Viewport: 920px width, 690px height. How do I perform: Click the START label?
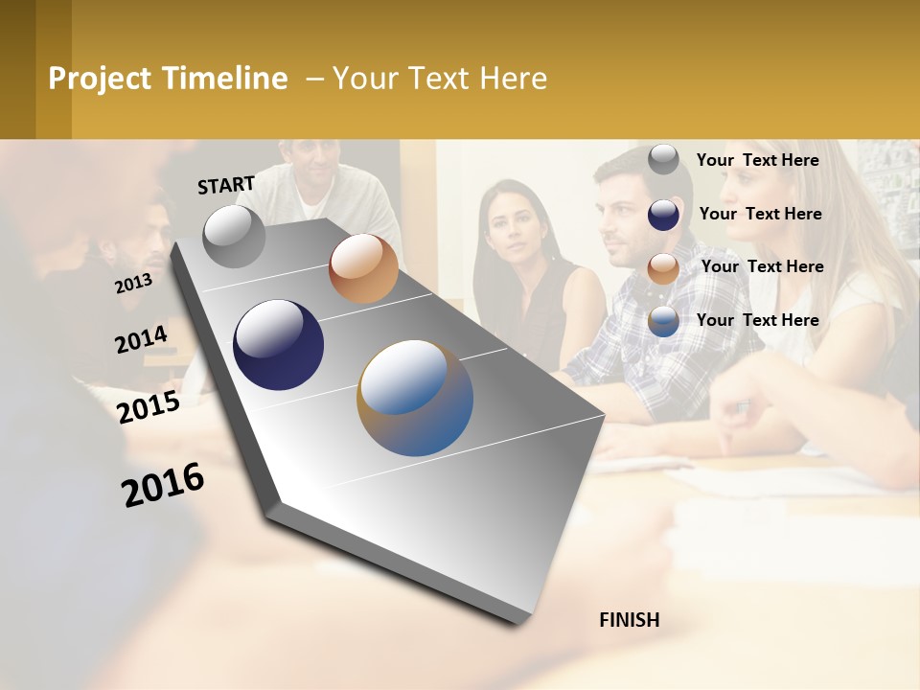226,185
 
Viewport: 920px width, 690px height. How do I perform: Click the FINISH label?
629,620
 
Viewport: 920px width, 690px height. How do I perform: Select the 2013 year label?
133,283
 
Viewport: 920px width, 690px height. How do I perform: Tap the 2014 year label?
141,339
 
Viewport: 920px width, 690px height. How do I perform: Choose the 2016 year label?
163,485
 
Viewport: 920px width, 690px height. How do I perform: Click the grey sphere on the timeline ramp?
234,236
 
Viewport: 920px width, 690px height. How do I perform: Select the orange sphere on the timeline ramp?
363,268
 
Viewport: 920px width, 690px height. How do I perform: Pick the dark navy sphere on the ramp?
278,345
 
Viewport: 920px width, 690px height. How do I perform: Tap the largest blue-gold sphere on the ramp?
415,398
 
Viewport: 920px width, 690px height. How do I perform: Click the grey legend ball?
663,160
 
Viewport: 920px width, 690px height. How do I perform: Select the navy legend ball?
663,215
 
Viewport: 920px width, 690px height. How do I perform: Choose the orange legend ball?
663,268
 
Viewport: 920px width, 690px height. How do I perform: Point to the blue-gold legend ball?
663,321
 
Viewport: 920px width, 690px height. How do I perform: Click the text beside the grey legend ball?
757,160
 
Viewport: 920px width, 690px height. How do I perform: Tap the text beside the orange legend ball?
762,266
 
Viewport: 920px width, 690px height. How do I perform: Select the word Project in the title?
101,79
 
